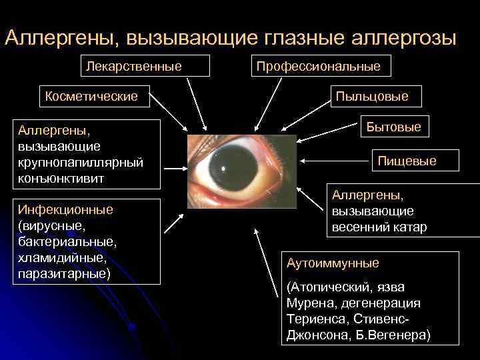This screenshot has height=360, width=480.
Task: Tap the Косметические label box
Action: click(x=92, y=96)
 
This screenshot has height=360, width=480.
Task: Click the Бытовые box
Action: click(x=394, y=127)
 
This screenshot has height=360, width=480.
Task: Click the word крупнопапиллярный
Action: click(x=81, y=162)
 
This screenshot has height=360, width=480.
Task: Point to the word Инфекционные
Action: click(x=65, y=209)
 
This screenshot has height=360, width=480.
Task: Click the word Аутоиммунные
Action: click(x=333, y=263)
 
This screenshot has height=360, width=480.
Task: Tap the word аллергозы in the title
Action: click(x=406, y=37)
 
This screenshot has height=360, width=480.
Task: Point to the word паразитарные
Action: click(x=63, y=273)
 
